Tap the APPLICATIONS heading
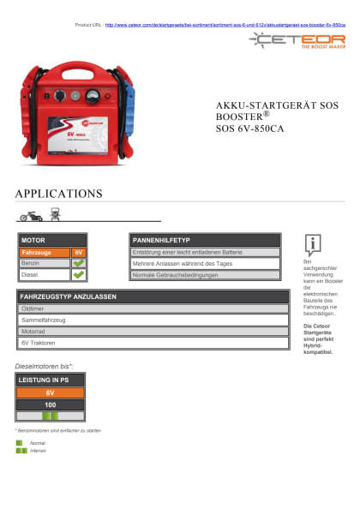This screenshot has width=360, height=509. (58, 194)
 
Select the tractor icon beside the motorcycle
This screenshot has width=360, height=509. (56, 214)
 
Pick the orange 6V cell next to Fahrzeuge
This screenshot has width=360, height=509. (78, 253)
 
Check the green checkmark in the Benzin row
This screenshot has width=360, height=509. (78, 264)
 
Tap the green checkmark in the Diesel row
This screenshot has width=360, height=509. (78, 275)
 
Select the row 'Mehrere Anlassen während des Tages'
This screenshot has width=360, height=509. (205, 264)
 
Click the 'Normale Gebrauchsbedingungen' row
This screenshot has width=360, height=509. (205, 275)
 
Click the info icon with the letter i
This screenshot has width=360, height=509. (315, 244)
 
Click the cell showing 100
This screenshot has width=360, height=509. (51, 404)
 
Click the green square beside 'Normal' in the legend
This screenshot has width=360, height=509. (19, 442)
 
